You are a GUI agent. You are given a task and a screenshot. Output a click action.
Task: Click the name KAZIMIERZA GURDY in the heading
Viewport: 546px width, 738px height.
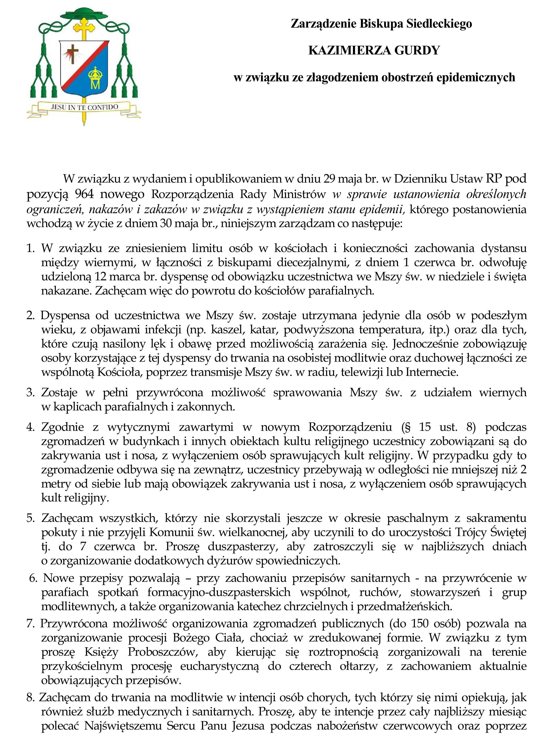pos(374,50)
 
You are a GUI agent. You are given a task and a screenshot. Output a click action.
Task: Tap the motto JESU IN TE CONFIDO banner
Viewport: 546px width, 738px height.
pos(84,107)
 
